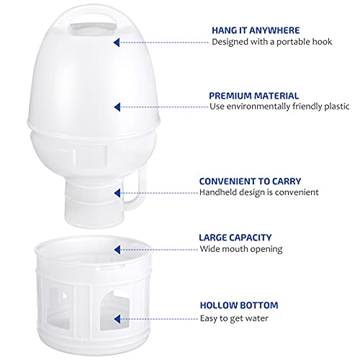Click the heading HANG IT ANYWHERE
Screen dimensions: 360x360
[x=255, y=30]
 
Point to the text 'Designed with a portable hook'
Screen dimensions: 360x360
[x=270, y=42]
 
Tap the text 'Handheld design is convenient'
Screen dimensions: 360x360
[x=258, y=192]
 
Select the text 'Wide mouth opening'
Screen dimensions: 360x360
[x=241, y=248]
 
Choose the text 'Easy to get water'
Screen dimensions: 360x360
[x=238, y=317]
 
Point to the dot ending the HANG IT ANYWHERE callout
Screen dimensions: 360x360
[x=117, y=42]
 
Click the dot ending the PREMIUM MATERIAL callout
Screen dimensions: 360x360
[x=117, y=107]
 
